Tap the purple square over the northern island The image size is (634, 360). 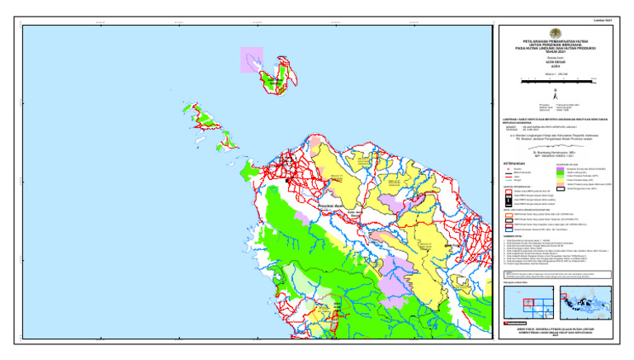click(x=252, y=59)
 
